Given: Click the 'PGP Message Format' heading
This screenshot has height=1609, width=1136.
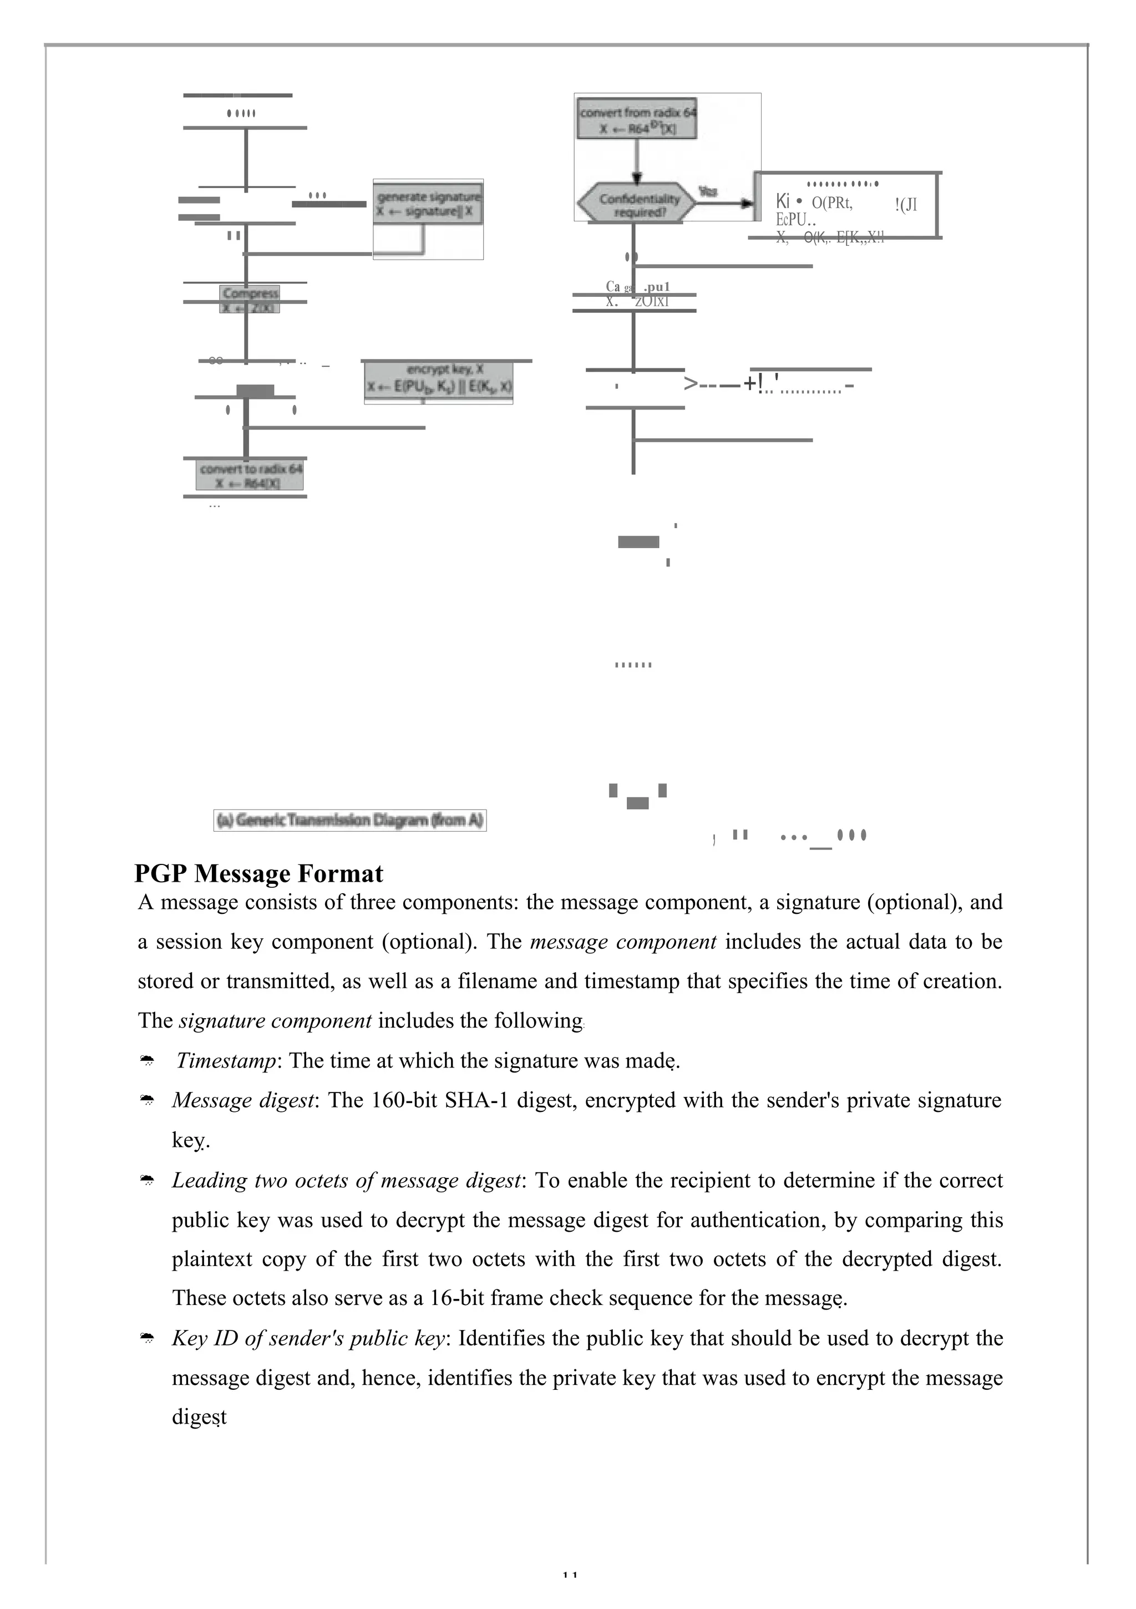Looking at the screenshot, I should pyautogui.click(x=258, y=874).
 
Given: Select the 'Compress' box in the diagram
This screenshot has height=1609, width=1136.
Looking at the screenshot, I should pyautogui.click(x=250, y=299).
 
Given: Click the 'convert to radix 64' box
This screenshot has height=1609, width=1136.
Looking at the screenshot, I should pyautogui.click(x=250, y=475).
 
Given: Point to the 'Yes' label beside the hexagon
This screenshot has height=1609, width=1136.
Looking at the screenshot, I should pyautogui.click(x=708, y=191).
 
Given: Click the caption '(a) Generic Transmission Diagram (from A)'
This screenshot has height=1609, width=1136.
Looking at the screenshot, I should pyautogui.click(x=349, y=820).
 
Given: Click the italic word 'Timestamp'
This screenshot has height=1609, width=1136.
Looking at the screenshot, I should pyautogui.click(x=226, y=1060).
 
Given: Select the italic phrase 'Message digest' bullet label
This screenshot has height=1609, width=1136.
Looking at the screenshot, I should pyautogui.click(x=242, y=1100).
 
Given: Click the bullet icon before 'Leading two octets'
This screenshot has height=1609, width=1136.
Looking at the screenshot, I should pyautogui.click(x=147, y=1181).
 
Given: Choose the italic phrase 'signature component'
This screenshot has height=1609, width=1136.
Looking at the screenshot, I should pyautogui.click(x=275, y=1020).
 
